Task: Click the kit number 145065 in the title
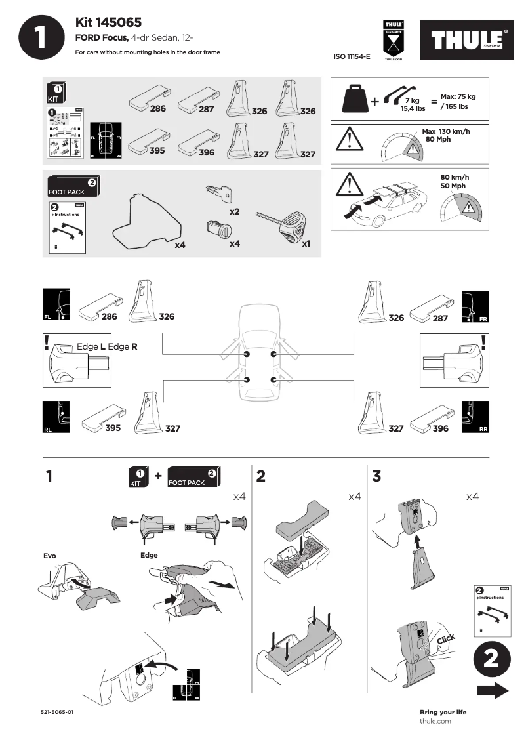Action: coord(121,22)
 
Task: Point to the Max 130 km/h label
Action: coord(446,131)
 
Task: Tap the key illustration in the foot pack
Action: coord(219,192)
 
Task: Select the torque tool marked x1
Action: coord(285,225)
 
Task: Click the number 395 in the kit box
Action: coord(157,151)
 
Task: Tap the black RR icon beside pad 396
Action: coord(475,417)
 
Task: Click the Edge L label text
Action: coord(91,346)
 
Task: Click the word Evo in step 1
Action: coord(50,556)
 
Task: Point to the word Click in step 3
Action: coord(445,640)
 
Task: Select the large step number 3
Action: coord(376,476)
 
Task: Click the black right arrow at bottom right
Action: coord(493,690)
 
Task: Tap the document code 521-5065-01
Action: coord(56,712)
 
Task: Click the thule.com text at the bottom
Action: coord(435,721)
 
